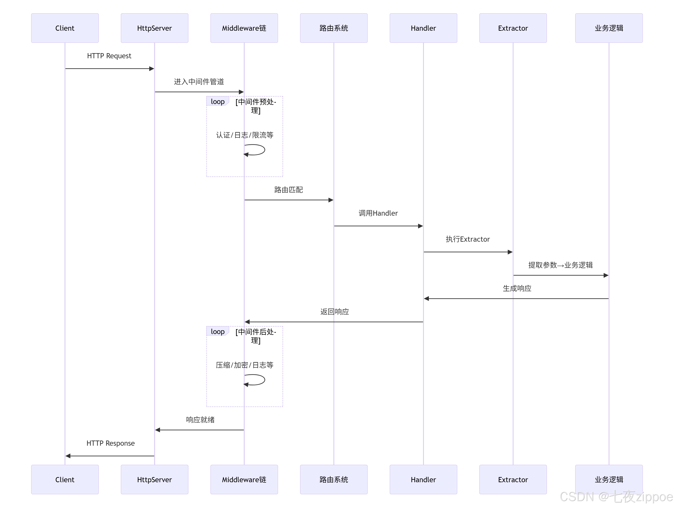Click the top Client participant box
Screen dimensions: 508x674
click(65, 28)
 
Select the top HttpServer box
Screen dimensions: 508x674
click(154, 28)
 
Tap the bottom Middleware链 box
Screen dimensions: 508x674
click(244, 479)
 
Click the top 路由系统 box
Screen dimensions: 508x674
click(334, 28)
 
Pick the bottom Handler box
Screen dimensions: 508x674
click(423, 479)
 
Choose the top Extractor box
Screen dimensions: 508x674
click(513, 28)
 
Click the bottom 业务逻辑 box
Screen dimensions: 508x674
click(609, 479)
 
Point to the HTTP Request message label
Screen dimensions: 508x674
click(109, 56)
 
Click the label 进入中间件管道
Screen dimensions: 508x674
click(199, 82)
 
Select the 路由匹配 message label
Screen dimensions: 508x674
click(289, 190)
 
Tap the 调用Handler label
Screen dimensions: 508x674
click(378, 213)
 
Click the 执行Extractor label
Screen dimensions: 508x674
click(468, 239)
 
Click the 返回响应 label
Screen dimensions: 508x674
click(335, 312)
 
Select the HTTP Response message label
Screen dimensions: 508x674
click(110, 443)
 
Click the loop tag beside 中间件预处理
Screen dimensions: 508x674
click(218, 102)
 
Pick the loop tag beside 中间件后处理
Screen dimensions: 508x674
click(218, 331)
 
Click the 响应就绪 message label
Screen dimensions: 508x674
click(200, 420)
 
